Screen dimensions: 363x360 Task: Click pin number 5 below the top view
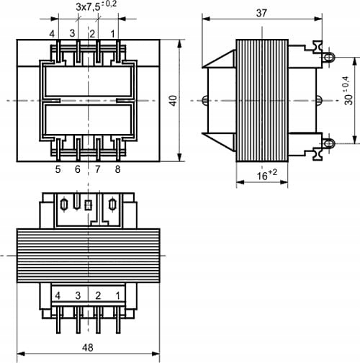tap(57, 169)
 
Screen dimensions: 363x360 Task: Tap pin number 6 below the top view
tap(77, 169)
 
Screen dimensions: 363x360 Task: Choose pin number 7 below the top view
tap(96, 169)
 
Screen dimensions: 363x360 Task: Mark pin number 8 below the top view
tap(117, 169)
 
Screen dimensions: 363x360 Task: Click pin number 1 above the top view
tap(113, 33)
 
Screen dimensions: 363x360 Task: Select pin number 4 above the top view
tap(53, 33)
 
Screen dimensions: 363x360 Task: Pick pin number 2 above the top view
tap(93, 33)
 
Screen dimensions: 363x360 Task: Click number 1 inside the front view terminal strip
tap(117, 295)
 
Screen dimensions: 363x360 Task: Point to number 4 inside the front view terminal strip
tap(56, 295)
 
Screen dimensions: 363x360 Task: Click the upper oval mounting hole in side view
tap(330, 56)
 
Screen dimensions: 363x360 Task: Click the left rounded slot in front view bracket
tap(66, 205)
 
